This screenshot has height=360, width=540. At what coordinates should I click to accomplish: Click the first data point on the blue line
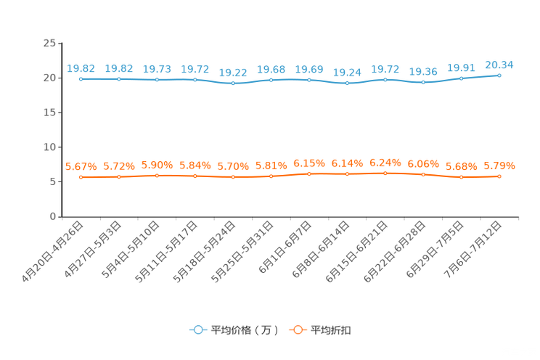(81, 78)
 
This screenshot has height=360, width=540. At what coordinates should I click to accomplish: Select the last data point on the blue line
(499, 75)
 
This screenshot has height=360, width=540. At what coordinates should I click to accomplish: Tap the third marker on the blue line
(157, 79)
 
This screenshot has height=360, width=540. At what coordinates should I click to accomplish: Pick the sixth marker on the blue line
(271, 79)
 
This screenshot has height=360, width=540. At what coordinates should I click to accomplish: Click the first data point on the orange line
(81, 176)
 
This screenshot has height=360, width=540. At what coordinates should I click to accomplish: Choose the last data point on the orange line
(499, 176)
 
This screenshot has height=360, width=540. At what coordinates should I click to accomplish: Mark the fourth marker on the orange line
(195, 176)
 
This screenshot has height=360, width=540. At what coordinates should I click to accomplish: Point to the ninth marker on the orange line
(385, 172)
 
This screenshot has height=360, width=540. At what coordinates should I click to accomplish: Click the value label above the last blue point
(499, 65)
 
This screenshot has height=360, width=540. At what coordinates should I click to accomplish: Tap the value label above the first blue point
(81, 68)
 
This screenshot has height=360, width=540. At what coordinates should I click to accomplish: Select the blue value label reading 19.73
(157, 69)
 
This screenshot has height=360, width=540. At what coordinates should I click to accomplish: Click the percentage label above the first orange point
(81, 166)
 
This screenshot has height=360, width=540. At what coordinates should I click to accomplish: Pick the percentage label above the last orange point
(499, 165)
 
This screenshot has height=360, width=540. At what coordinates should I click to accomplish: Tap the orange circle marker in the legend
(297, 330)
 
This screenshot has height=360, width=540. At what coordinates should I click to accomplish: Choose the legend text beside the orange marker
(332, 330)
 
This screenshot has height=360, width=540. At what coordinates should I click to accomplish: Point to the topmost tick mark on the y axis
(58, 43)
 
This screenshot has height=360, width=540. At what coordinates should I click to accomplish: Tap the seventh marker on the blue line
(309, 79)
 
